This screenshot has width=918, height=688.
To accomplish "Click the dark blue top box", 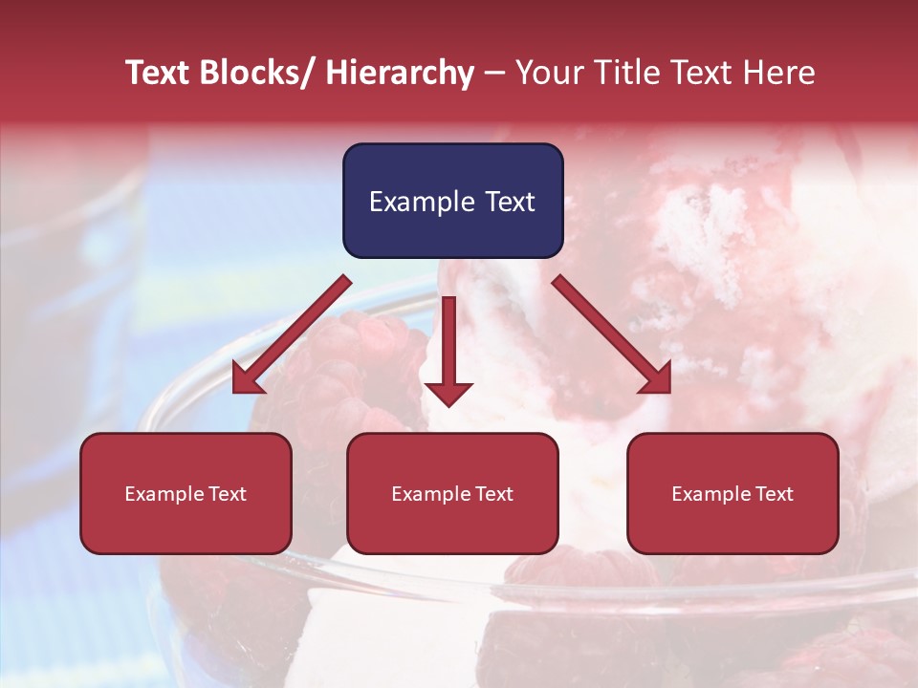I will (452, 201).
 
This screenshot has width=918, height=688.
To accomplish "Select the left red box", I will (186, 493).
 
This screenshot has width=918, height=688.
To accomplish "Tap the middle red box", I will (452, 493).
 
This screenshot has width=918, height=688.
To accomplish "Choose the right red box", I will (732, 493).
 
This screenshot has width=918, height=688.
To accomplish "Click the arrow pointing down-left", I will (291, 334).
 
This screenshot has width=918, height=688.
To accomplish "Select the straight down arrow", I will (448, 349).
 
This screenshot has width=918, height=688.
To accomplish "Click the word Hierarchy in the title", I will (400, 73).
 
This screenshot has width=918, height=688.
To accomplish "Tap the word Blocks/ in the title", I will (253, 73).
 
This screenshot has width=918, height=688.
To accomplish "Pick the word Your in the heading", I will (550, 73).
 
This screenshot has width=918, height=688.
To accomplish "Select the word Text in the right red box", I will (773, 494).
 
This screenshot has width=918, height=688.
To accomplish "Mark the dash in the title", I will (493, 73).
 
